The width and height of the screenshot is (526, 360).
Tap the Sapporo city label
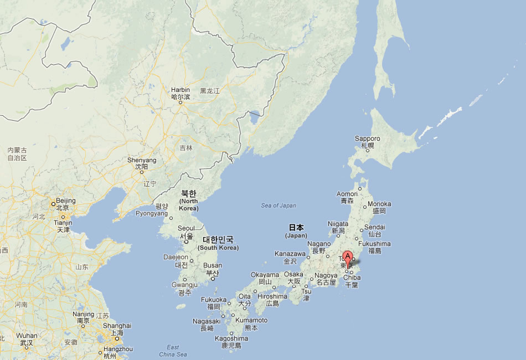tap(367, 138)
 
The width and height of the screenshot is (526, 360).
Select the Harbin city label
tap(181, 90)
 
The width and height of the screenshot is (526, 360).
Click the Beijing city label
tap(66, 200)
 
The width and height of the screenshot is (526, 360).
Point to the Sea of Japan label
tap(279, 205)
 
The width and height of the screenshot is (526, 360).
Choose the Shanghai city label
tap(117, 326)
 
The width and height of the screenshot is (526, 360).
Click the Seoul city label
tap(185, 228)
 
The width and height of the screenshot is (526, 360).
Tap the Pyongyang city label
tap(151, 213)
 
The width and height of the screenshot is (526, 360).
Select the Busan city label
tap(213, 265)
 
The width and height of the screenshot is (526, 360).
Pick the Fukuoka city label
tap(214, 300)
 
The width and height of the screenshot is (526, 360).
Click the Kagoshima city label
tap(231, 338)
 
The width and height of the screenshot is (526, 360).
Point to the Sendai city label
tap(374, 227)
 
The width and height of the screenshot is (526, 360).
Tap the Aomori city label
tap(347, 194)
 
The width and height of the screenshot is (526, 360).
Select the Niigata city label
tap(338, 224)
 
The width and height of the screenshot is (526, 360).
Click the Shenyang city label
tap(142, 160)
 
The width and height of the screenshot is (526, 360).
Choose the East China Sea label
tap(172, 351)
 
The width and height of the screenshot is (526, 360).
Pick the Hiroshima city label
tap(272, 296)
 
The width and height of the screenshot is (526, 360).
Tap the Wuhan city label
tap(27, 336)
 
